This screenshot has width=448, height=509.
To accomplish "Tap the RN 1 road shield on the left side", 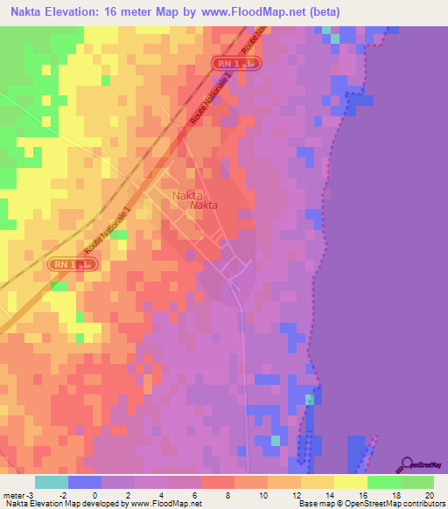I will (73, 263).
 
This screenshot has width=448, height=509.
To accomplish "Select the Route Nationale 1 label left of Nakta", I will (107, 231).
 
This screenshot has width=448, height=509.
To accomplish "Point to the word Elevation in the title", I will (77, 12).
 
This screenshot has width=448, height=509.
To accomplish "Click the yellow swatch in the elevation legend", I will (350, 482).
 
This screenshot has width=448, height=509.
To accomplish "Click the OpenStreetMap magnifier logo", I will (407, 463).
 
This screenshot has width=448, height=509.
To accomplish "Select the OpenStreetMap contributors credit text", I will (391, 504).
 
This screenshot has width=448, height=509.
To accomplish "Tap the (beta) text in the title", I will (321, 12).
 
